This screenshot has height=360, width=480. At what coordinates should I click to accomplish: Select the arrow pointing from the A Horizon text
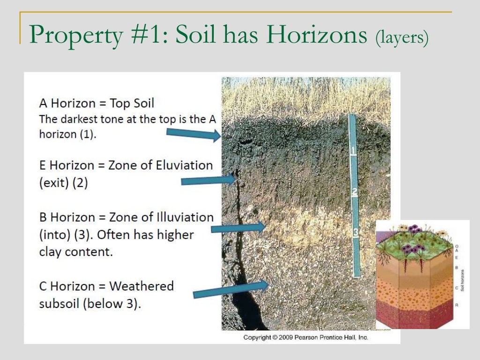pos(193,135)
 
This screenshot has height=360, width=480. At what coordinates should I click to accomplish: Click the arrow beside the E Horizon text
pos(208,180)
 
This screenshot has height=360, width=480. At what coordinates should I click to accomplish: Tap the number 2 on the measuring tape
pos(355,192)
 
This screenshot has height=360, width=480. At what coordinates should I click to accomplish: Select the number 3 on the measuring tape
pos(355,232)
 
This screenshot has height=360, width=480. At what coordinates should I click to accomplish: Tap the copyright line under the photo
pos(305,337)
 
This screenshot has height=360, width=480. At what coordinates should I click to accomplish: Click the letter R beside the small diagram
pos(456,305)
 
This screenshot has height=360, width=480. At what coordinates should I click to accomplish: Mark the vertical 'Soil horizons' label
pos(463,280)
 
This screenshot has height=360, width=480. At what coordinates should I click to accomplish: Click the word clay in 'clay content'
pos(51,252)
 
